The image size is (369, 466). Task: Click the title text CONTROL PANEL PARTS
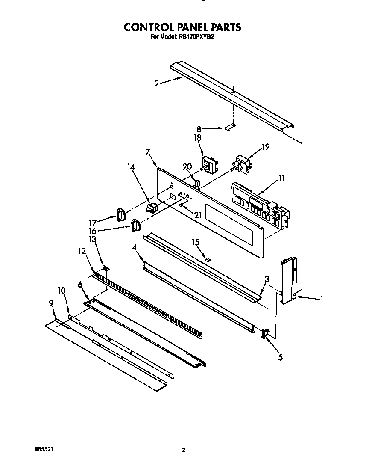click(x=182, y=27)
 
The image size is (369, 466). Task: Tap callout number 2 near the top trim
click(x=157, y=84)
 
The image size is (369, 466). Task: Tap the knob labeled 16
click(x=136, y=225)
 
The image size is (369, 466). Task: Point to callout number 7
click(x=148, y=152)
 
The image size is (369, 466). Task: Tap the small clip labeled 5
click(x=265, y=334)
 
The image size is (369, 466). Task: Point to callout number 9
click(x=51, y=303)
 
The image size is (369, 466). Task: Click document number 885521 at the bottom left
click(x=44, y=450)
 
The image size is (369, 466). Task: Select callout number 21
click(x=197, y=216)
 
